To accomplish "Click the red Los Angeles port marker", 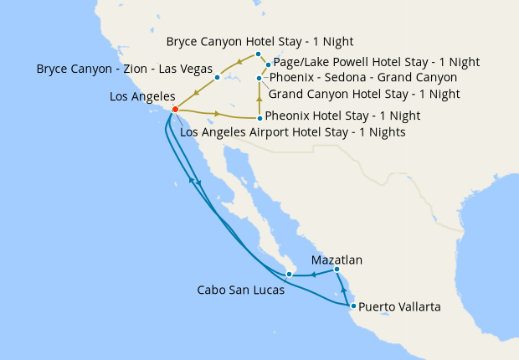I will [175, 109].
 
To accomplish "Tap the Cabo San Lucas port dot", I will [289, 274].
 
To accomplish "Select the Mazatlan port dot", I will [337, 270].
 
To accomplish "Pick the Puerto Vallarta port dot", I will [353, 306].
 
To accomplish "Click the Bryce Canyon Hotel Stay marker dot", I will [259, 54].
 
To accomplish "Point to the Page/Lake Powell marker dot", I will [268, 64].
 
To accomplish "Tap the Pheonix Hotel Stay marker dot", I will [259, 118].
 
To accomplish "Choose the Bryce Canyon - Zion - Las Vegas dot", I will [218, 78].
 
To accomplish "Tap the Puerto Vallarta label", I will [399, 307].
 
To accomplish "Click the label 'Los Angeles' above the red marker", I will [142, 97].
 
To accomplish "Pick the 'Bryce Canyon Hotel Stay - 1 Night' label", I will [259, 40].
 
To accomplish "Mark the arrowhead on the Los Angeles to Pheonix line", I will [218, 114].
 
